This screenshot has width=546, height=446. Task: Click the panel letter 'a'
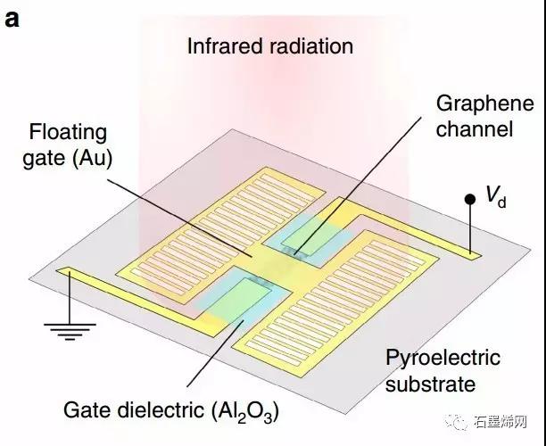12,19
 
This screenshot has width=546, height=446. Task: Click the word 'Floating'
68,134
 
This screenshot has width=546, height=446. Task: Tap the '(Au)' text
112,161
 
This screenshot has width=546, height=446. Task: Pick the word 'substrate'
432,384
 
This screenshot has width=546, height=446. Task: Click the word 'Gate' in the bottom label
84,411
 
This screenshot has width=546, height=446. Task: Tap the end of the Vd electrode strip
474,257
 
